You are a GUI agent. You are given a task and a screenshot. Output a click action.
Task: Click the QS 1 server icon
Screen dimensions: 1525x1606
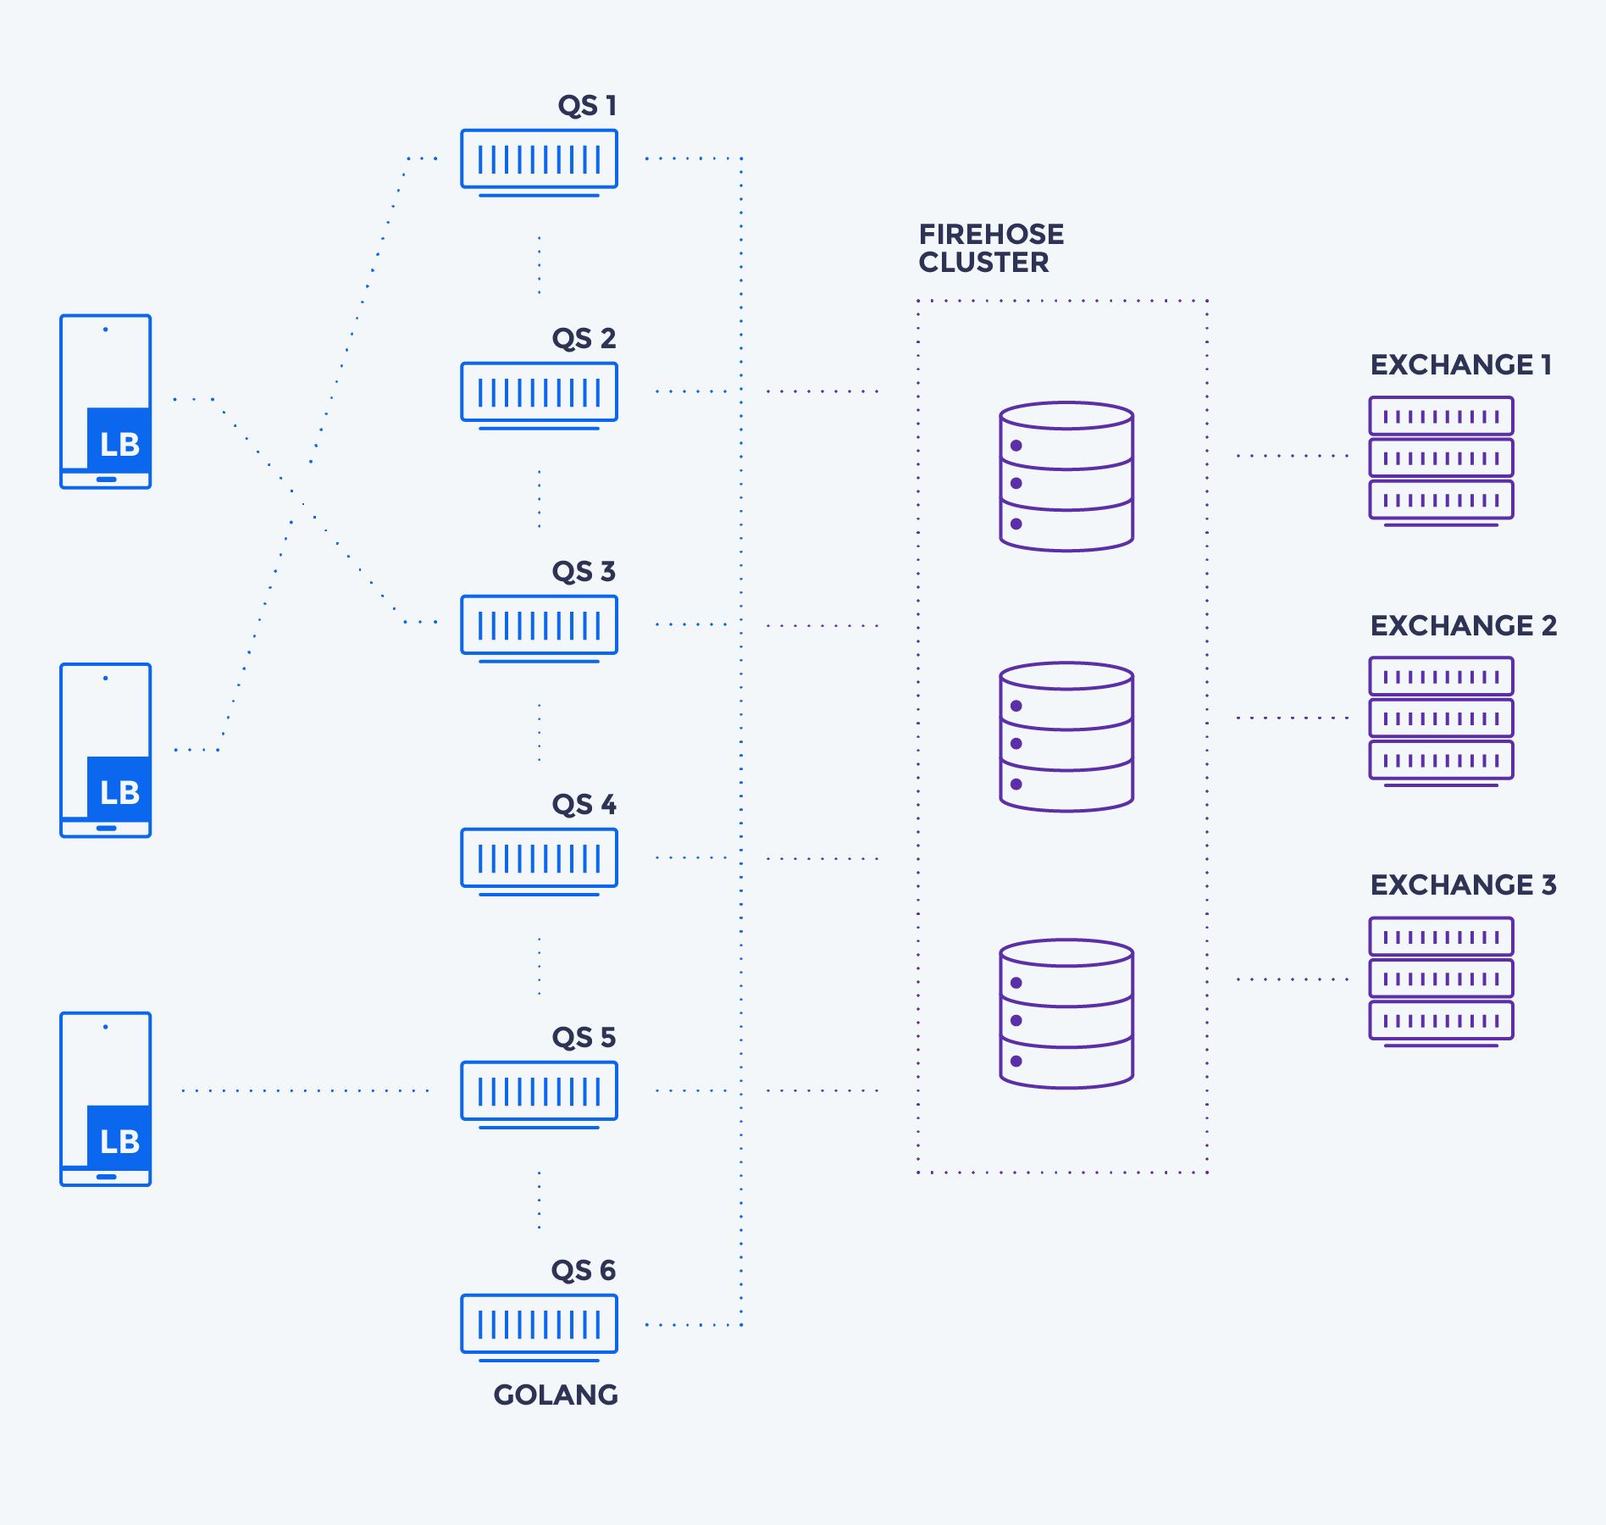click(539, 160)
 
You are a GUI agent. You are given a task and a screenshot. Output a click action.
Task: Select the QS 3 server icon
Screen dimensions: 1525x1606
click(539, 626)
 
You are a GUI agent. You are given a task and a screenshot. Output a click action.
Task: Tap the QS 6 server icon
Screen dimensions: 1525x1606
click(539, 1325)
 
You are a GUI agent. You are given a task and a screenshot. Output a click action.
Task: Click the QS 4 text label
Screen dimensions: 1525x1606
click(584, 804)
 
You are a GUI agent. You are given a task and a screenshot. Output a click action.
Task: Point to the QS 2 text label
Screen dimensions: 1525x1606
click(584, 338)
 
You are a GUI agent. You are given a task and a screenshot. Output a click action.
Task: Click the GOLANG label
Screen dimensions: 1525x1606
click(556, 1395)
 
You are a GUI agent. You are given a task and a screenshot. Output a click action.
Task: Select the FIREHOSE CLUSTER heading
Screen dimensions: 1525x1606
click(990, 248)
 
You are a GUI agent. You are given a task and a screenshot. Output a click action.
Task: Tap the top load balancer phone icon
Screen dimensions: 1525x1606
click(106, 402)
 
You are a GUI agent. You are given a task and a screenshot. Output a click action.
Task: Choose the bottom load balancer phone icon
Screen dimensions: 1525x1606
click(106, 1099)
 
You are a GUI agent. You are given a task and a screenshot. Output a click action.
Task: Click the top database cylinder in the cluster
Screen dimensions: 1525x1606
click(1066, 477)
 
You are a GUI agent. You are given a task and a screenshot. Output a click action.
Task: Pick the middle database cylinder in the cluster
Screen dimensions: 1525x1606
click(1066, 737)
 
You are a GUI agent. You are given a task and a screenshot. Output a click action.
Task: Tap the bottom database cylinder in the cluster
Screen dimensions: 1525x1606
click(1066, 1014)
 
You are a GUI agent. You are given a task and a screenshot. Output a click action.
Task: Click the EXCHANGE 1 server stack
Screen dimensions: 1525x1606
click(1441, 459)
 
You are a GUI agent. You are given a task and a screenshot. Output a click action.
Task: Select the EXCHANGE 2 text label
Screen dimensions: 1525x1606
click(1463, 625)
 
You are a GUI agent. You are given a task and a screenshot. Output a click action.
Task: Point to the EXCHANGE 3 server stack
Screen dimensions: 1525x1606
click(1441, 980)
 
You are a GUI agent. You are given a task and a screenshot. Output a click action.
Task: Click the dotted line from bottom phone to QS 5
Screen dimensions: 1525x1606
click(305, 1090)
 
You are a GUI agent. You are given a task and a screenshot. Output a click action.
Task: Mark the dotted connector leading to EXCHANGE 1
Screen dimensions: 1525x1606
click(1292, 456)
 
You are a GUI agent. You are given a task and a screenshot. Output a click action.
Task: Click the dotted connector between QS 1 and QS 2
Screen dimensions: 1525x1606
click(539, 265)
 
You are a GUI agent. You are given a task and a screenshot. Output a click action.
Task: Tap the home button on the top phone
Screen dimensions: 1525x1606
click(106, 480)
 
